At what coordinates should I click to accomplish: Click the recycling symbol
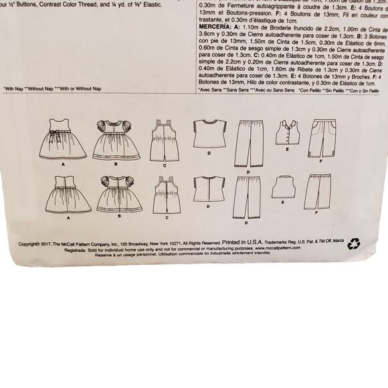[354, 244]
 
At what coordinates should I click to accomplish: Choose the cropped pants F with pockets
[322, 138]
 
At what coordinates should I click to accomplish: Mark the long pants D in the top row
[248, 143]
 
